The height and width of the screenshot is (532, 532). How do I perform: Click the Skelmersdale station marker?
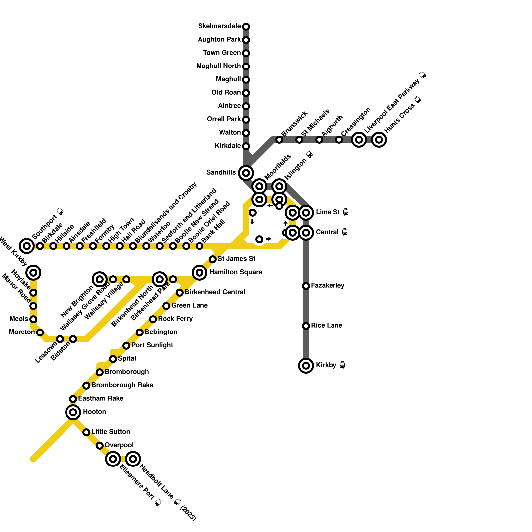pos(246,27)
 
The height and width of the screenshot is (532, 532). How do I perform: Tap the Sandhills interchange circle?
pos(246,173)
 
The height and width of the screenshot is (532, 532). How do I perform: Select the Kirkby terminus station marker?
pos(306,366)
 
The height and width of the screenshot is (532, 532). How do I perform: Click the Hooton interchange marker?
pos(73,412)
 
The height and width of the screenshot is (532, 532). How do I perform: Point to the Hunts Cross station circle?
pos(379,140)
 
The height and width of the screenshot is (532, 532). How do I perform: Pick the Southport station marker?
pos(27,246)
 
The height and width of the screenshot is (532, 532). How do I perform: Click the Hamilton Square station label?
pos(236,272)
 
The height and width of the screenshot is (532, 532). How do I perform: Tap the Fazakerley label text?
pos(328,286)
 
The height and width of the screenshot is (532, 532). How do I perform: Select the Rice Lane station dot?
pos(306,326)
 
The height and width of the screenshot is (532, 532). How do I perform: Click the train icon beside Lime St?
pos(346,212)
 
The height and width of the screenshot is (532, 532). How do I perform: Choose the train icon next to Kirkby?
pos(342,365)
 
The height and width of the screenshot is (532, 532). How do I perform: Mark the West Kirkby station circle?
pos(33,273)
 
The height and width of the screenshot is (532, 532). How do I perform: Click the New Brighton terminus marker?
pos(100,279)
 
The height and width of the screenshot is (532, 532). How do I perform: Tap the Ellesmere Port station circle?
pos(113,459)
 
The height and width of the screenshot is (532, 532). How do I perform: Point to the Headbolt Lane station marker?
pos(133,459)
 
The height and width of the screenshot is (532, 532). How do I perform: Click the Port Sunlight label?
pos(152,345)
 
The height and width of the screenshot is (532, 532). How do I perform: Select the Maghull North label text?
pos(218,66)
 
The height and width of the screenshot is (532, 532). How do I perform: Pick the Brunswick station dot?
pos(279,140)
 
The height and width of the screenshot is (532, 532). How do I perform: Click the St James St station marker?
pos(213,259)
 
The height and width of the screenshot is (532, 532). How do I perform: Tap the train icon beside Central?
pos(345,232)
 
